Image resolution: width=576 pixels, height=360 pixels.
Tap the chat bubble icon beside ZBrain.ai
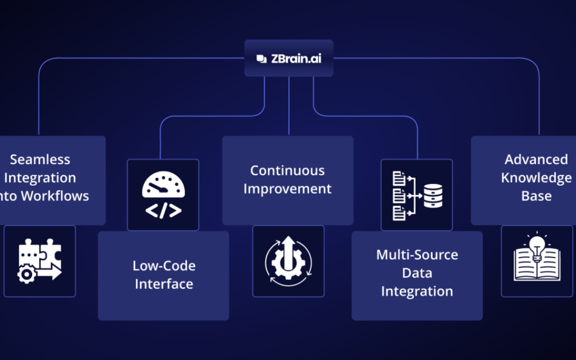click(260, 58)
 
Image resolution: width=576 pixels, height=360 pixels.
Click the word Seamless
click(40, 159)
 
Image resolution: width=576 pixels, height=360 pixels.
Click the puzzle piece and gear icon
click(39, 261)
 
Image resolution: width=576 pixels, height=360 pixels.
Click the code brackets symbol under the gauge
click(163, 210)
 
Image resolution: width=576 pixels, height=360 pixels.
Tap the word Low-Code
click(164, 265)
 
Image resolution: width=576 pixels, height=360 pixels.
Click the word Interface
click(164, 283)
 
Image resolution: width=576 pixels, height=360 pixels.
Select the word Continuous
click(287, 170)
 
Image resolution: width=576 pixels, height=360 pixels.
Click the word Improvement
click(287, 188)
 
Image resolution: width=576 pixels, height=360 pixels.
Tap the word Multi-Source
click(417, 254)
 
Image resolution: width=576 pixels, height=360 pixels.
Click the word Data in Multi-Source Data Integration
click(417, 273)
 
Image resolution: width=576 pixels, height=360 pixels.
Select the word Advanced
click(536, 159)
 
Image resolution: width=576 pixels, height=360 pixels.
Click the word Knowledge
click(536, 178)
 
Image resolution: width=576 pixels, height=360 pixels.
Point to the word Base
click(536, 196)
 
